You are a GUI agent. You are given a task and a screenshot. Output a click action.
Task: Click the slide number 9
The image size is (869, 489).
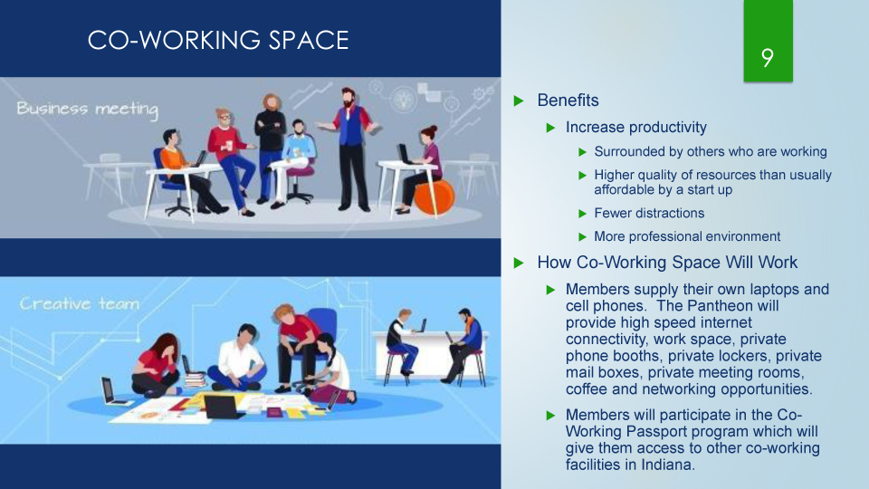(768, 57)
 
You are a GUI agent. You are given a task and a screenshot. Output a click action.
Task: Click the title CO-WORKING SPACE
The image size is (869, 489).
(218, 40)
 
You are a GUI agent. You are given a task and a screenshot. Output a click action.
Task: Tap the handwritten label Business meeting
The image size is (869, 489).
(88, 110)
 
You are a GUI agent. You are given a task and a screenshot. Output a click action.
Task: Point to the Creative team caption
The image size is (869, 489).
(80, 304)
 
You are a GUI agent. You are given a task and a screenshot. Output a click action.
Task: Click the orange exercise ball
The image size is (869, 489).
(434, 197)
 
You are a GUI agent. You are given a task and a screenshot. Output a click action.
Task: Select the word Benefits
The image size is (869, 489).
(568, 101)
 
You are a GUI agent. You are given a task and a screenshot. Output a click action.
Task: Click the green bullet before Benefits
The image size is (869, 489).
(519, 101)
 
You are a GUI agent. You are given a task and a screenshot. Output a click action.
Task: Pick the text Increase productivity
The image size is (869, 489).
(635, 128)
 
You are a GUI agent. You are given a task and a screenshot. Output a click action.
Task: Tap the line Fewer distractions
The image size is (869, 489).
(649, 214)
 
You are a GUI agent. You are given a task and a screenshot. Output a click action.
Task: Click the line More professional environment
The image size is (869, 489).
(687, 236)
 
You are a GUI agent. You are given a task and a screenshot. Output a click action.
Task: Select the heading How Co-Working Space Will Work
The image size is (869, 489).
(667, 263)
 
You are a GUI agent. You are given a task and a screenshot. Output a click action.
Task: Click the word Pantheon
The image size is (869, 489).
(717, 306)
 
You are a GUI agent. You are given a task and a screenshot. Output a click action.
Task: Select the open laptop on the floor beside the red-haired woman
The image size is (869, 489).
(111, 391)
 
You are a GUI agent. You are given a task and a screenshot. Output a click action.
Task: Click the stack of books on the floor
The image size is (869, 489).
(195, 380)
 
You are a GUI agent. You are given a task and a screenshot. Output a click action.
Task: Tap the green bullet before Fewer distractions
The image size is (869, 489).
(582, 214)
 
